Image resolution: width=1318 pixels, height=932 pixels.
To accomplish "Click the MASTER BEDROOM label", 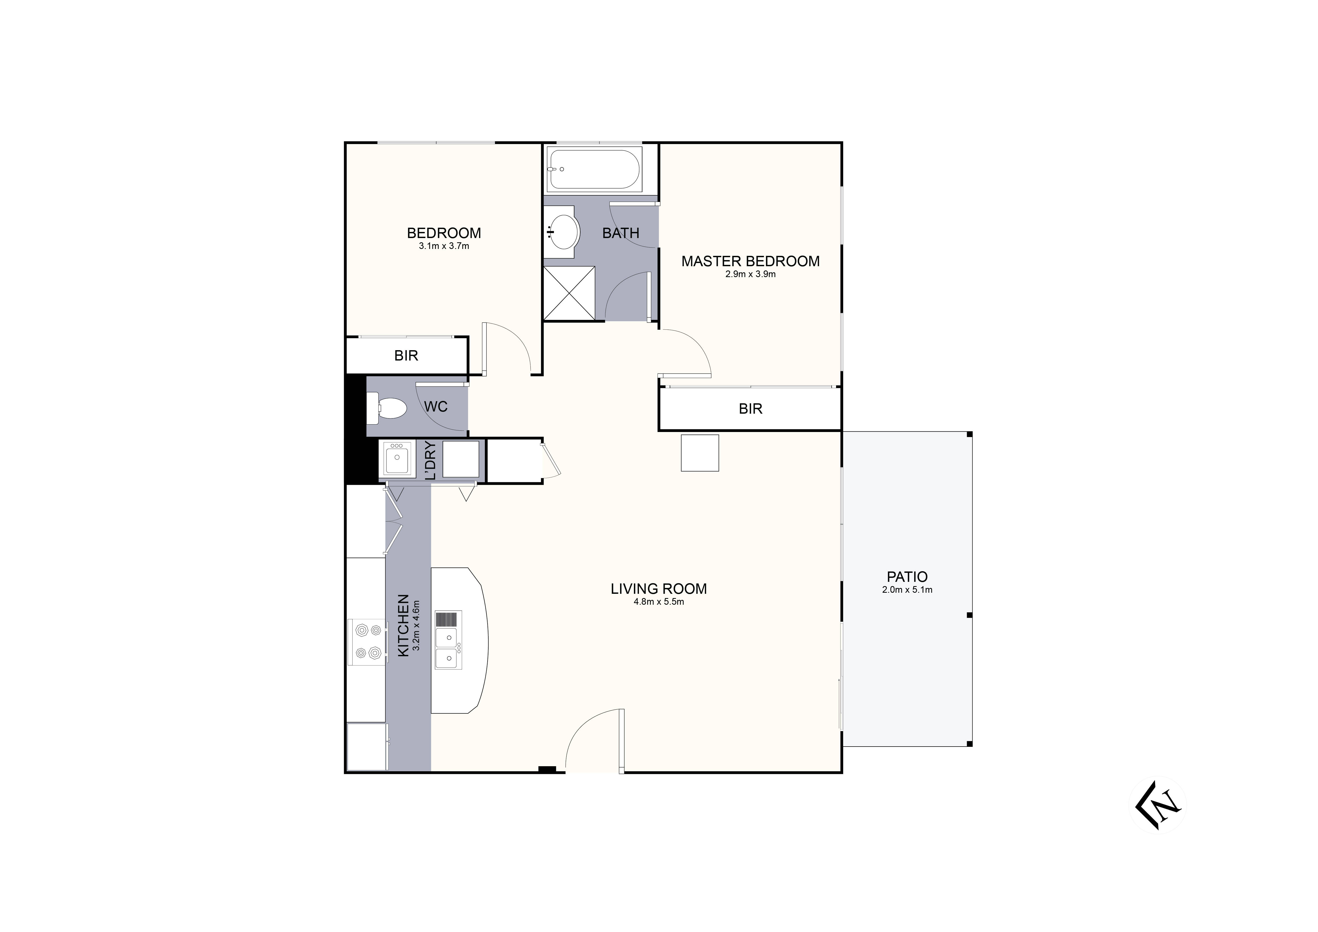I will (750, 261).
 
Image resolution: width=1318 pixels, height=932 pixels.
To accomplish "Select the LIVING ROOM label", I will (658, 589).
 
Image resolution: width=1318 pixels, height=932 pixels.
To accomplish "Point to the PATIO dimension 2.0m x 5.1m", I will (907, 590).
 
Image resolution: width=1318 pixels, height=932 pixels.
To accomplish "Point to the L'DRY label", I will (431, 460).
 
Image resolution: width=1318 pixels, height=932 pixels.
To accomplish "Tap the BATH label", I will (621, 233).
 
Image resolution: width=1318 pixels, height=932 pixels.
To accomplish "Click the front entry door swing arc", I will (591, 738).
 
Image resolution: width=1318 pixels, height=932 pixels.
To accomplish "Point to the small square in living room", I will (700, 453).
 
